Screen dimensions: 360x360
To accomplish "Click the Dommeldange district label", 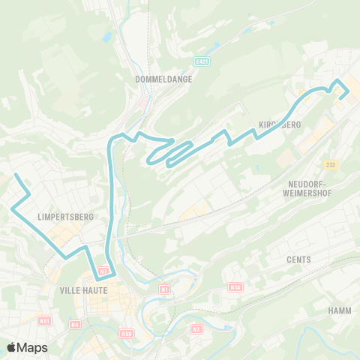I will (x=163, y=78).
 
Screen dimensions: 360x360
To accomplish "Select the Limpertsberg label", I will (x=65, y=217).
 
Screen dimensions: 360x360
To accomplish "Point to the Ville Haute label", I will (x=85, y=289).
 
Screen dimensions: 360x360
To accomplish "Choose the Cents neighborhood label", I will (x=298, y=259).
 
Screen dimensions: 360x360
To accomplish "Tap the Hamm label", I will (x=340, y=310).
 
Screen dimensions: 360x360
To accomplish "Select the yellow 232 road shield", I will (x=331, y=164).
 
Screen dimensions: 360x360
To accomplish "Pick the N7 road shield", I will (x=104, y=271).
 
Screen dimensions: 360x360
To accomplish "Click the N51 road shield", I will (x=45, y=320).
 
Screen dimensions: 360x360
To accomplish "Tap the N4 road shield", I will (x=74, y=324).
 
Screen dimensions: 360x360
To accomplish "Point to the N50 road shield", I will (x=126, y=332).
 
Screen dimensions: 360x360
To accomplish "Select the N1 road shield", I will (x=164, y=288).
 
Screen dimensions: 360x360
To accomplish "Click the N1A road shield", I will (x=236, y=286).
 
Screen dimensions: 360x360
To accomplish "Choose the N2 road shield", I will (x=196, y=328).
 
